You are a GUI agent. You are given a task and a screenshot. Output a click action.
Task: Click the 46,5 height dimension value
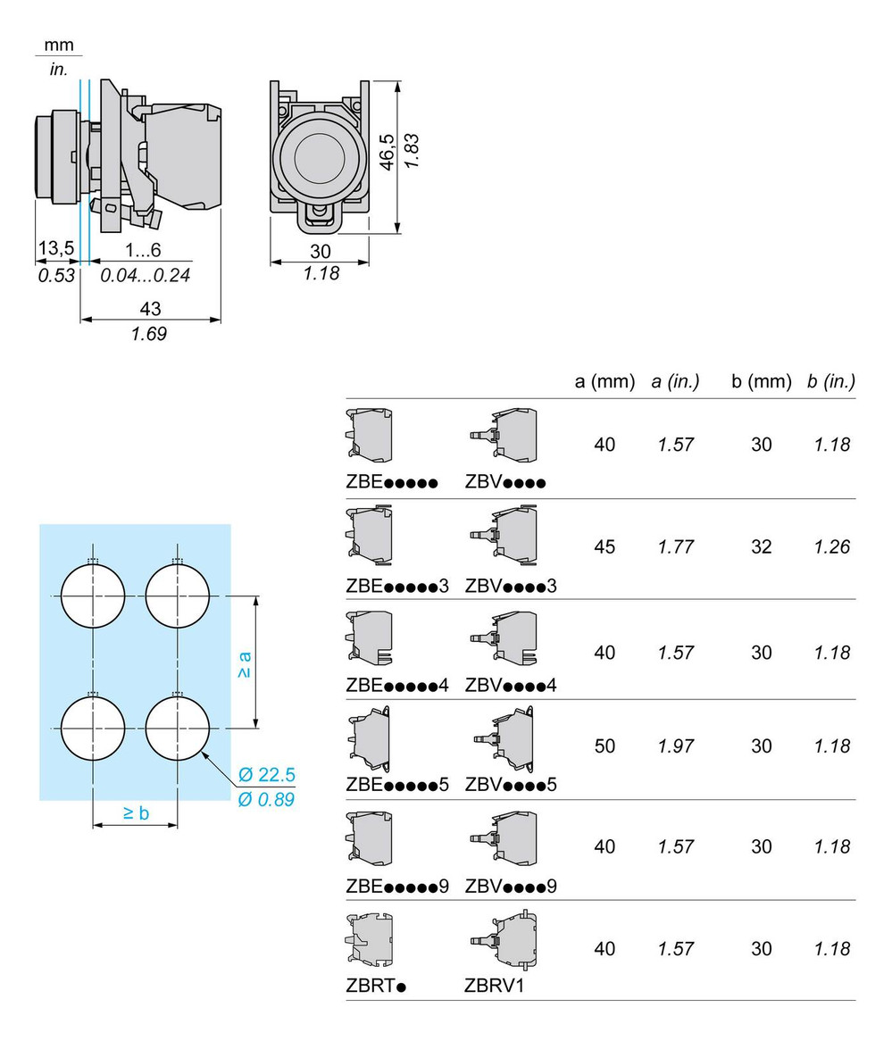[x=387, y=153]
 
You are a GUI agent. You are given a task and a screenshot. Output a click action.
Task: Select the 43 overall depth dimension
[x=151, y=308]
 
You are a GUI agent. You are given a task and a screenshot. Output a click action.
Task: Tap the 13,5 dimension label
[x=55, y=247]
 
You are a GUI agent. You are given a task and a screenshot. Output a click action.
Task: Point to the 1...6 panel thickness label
[x=143, y=247]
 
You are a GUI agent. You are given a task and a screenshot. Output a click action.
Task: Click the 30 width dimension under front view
[x=320, y=251]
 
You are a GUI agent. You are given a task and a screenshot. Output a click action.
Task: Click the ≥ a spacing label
[x=243, y=662]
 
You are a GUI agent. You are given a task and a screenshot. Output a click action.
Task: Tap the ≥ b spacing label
[x=136, y=812]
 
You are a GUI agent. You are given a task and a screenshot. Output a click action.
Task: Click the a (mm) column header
[x=604, y=381]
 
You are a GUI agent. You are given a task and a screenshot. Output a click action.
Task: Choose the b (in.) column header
[x=830, y=381]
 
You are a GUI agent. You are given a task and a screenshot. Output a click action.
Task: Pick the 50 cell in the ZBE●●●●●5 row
[x=604, y=745]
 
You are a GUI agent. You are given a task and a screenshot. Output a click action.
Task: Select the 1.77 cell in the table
[x=676, y=546]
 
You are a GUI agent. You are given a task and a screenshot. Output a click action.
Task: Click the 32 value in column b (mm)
[x=761, y=546]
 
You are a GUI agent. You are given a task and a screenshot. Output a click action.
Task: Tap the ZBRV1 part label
[x=494, y=987]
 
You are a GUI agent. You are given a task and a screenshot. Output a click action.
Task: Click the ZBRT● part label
[x=376, y=987]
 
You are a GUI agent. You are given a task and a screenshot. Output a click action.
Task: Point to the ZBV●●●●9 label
[x=511, y=887]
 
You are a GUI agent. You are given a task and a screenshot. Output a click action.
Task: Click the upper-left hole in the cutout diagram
[x=95, y=595]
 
